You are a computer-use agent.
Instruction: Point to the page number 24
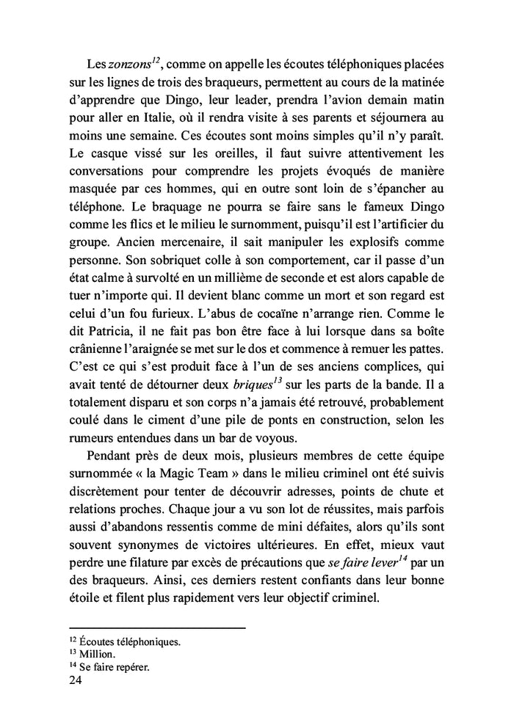[75, 681]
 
